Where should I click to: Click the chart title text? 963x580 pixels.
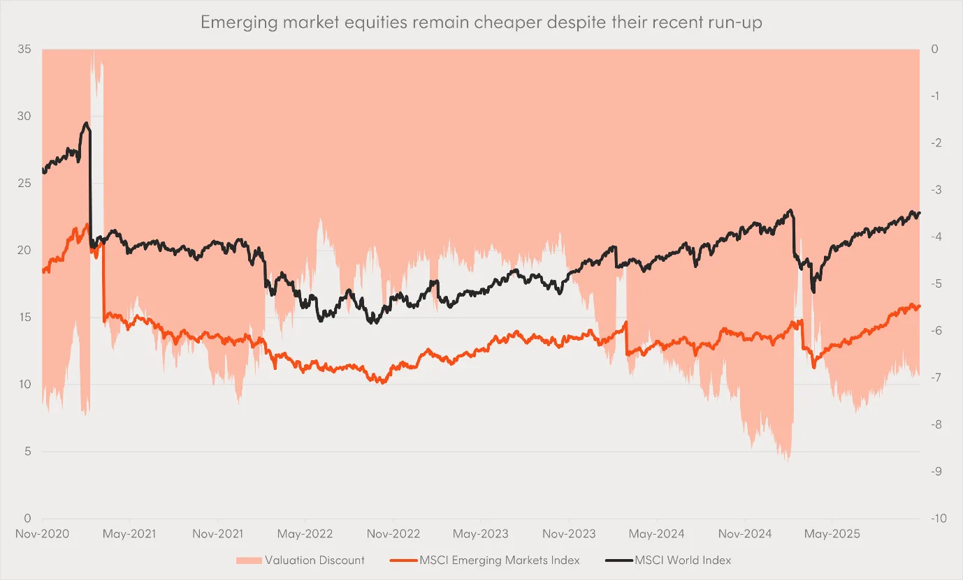(481, 22)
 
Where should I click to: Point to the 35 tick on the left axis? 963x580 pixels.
(26, 50)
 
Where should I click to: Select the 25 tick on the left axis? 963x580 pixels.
(26, 184)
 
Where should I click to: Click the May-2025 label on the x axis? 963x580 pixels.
(832, 534)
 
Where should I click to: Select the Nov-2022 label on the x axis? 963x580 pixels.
(393, 534)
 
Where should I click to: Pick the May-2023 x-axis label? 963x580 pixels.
(480, 534)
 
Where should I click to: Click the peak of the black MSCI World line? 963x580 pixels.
(86, 124)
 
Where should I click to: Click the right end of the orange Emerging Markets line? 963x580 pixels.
(920, 306)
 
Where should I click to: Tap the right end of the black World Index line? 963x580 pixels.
(920, 213)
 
